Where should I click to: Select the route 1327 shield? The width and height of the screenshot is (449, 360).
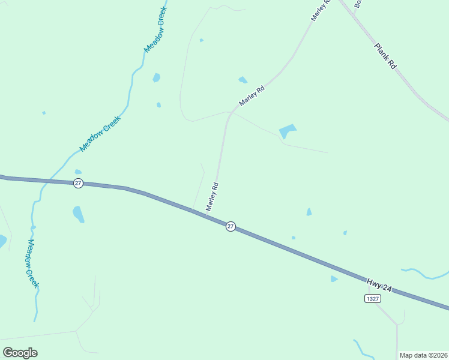click(x=372, y=298)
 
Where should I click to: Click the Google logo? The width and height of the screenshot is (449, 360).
click(x=20, y=353)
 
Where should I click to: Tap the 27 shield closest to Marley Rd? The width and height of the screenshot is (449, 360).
click(x=231, y=226)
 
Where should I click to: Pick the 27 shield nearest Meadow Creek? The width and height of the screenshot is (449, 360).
click(x=78, y=183)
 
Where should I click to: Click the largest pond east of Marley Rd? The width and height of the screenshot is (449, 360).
click(x=287, y=131)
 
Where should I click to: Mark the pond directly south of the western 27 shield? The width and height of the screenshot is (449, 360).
click(x=79, y=213)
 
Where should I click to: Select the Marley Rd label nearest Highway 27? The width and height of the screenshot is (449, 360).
click(x=212, y=197)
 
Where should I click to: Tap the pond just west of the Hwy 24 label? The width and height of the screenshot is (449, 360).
click(x=334, y=278)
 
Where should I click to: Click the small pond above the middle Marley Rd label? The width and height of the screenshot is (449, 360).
click(x=243, y=80)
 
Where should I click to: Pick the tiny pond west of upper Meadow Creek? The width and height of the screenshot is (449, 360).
click(x=44, y=112)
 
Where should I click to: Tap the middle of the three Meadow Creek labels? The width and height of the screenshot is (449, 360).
click(x=100, y=133)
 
